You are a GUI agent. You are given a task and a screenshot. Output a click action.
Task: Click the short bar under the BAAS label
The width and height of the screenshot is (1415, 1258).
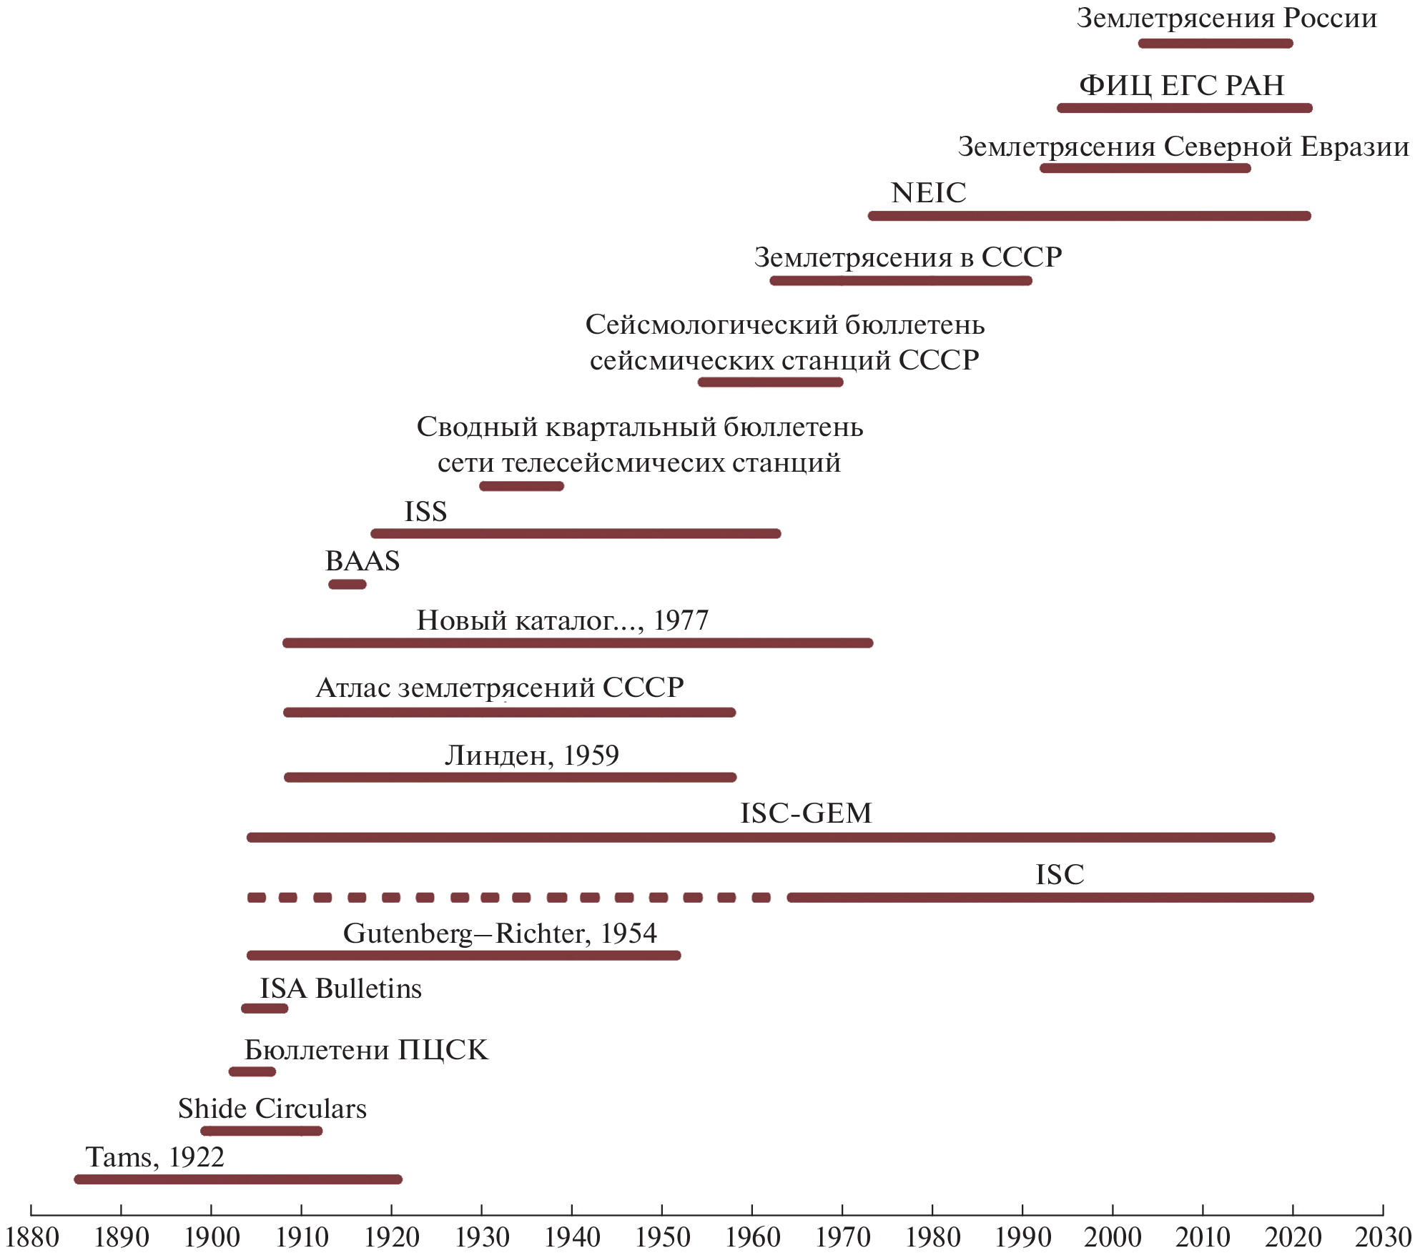pos(347,585)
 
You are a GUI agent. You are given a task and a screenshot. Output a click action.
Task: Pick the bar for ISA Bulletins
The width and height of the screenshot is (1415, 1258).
pos(265,1009)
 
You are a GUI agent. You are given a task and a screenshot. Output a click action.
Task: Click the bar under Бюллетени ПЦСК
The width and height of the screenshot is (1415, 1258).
pos(252,1071)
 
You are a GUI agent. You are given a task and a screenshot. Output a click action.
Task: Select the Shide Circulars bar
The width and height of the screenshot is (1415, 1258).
pos(262,1131)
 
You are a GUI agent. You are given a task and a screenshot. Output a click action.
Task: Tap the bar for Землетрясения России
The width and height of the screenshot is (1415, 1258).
pos(1216,44)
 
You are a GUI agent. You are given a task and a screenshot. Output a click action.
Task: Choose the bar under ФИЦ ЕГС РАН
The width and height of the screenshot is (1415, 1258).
pos(1185,108)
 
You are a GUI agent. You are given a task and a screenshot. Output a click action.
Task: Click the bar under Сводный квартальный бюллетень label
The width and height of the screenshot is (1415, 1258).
pos(522,486)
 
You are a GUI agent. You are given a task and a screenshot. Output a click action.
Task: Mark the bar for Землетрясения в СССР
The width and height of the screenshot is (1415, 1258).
pos(901,281)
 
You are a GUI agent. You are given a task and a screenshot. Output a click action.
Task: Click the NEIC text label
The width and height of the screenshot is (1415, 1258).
pos(928,193)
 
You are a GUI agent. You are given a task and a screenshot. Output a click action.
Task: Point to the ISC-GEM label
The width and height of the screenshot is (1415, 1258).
pos(806,813)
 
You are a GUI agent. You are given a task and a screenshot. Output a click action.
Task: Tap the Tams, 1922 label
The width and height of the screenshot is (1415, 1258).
pos(155,1157)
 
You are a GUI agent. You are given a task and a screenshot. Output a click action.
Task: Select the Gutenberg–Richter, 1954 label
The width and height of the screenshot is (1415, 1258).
pos(500,933)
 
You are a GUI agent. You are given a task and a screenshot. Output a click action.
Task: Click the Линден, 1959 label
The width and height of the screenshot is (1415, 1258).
pos(532,756)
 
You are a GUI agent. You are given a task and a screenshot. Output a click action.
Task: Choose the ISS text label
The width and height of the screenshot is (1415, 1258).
pos(425,512)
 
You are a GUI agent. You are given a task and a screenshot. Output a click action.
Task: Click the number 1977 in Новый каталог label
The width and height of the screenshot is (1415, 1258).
pos(681,620)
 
